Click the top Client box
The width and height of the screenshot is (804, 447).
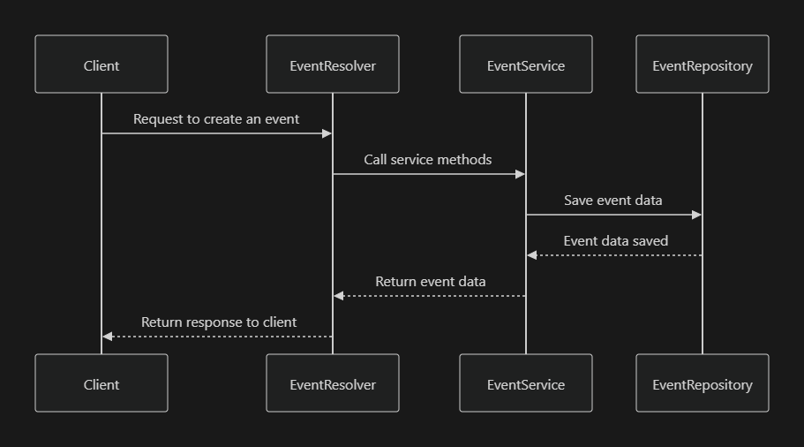[x=101, y=64]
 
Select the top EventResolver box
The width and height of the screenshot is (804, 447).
[x=333, y=64]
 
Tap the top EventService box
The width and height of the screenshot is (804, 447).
[x=526, y=64]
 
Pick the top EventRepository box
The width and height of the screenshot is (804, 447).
[x=703, y=64]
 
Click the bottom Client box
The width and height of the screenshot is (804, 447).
[x=101, y=383]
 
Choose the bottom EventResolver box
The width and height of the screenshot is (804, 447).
[x=333, y=383]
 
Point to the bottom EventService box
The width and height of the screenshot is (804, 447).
[x=526, y=383]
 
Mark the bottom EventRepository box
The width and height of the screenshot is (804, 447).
[x=703, y=383]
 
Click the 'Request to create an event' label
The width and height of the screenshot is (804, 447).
[x=216, y=118]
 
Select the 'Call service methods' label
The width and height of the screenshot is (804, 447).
[x=428, y=160]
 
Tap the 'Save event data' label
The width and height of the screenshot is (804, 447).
[x=613, y=201]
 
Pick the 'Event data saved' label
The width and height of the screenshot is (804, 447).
[x=616, y=240]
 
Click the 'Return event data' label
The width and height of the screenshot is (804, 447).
[x=431, y=282]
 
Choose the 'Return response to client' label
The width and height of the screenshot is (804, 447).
[x=219, y=322]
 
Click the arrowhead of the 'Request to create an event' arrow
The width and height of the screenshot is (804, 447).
[x=327, y=133]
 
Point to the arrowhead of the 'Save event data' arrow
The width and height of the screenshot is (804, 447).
[x=696, y=215]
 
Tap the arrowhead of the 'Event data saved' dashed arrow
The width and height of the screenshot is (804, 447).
[x=532, y=255]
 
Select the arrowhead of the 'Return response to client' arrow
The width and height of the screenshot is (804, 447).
[x=108, y=337]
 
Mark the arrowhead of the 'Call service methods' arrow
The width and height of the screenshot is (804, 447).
[x=520, y=174]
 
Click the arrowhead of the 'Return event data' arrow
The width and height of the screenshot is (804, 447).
[x=339, y=296]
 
